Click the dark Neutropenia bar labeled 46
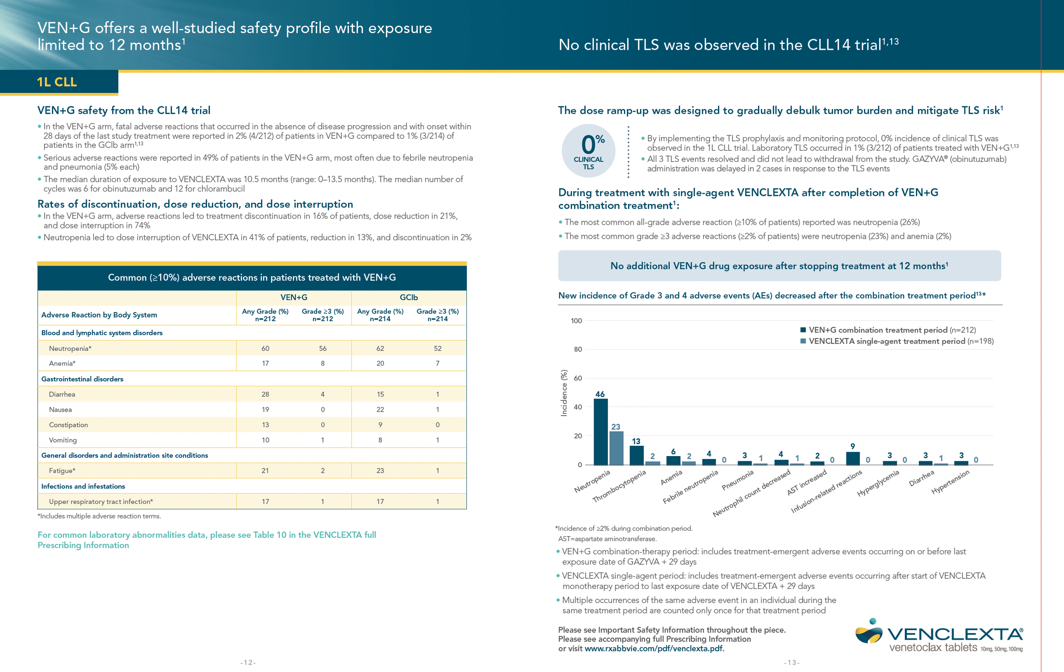tap(600, 431)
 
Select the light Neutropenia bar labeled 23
tap(616, 448)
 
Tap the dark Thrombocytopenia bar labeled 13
tap(636, 455)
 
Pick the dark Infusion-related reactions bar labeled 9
tap(852, 458)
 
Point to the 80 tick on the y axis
tap(578, 349)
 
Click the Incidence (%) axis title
tap(563, 393)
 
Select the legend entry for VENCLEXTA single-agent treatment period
tap(897, 341)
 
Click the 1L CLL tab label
tap(57, 82)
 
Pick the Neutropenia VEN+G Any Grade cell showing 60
tap(265, 348)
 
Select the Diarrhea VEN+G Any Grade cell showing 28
tap(265, 394)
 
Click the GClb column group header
tap(409, 298)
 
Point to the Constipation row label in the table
tap(69, 425)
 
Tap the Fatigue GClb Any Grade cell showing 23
tap(380, 471)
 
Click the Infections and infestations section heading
tap(83, 486)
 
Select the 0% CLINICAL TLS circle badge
tap(588, 151)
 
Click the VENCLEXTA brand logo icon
tap(868, 632)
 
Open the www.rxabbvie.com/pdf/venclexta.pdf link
tap(654, 649)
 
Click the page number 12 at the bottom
tap(248, 662)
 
